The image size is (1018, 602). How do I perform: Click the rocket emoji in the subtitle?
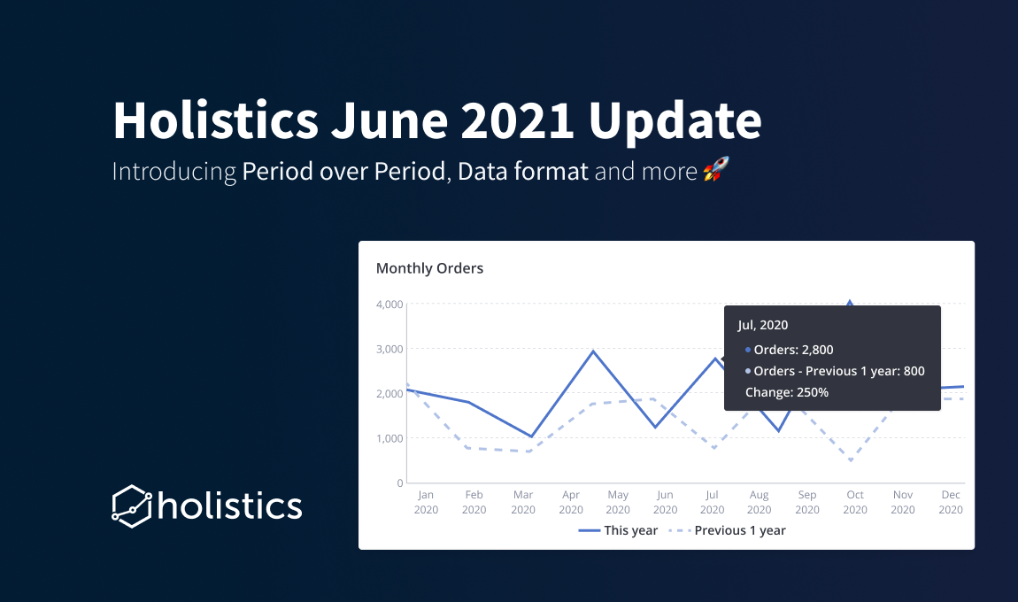click(x=716, y=169)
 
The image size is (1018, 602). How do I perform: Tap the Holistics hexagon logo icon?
click(x=132, y=506)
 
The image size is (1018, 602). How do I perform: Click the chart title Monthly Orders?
click(x=430, y=268)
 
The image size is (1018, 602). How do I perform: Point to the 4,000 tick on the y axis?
click(x=389, y=304)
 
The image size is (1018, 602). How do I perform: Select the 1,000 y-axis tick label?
click(x=389, y=438)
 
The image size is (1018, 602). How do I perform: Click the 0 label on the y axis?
click(x=400, y=483)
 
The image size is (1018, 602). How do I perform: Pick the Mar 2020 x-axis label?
click(x=522, y=502)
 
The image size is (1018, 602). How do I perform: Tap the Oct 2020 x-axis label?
click(x=855, y=502)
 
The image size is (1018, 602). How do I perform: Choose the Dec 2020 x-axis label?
click(x=951, y=502)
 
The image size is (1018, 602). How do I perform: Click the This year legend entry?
click(x=618, y=530)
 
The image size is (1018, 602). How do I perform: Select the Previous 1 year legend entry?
click(x=727, y=530)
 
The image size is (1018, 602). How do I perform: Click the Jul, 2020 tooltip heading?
click(x=763, y=326)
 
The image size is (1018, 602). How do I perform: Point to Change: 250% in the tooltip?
click(x=787, y=392)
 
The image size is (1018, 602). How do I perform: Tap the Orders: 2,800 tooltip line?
click(x=790, y=350)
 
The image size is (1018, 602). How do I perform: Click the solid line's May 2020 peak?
click(x=593, y=351)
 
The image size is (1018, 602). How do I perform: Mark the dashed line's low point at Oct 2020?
click(x=851, y=460)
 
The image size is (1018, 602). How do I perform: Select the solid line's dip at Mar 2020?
click(x=531, y=436)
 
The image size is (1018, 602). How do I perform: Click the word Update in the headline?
click(x=675, y=121)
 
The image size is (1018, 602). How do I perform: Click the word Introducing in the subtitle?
click(x=174, y=172)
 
